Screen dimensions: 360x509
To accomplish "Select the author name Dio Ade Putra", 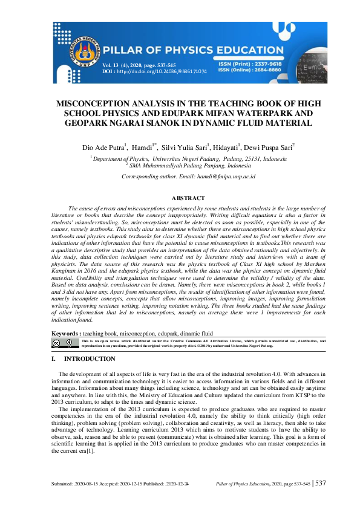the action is point(103,147).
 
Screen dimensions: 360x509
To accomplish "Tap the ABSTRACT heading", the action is point(188,198).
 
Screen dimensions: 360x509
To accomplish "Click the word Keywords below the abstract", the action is point(65,333).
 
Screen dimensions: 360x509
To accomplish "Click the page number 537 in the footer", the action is point(321,484).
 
